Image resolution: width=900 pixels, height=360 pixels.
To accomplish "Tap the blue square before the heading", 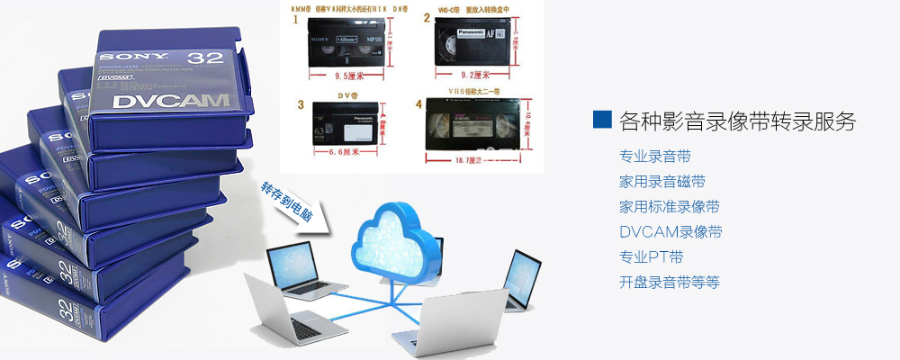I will point(603,120).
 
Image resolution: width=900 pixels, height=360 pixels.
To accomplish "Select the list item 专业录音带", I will point(655,157).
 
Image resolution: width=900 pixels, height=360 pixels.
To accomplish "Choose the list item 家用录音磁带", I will point(662,182).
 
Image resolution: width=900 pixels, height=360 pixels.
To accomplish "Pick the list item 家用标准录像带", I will point(670,207).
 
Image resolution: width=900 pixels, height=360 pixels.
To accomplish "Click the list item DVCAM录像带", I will point(670,232).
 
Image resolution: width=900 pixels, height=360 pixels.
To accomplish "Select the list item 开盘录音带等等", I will point(670,283).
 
